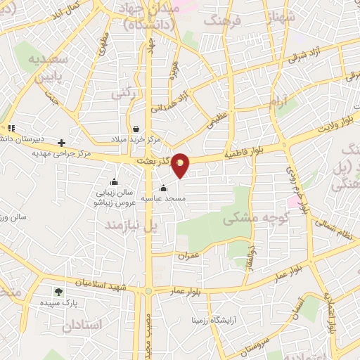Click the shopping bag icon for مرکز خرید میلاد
pos(135,129)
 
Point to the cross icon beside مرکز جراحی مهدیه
pos(62,142)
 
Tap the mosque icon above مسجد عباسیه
pos(163,188)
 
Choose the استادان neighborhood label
pos(82,326)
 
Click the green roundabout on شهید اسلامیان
pos(148,290)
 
